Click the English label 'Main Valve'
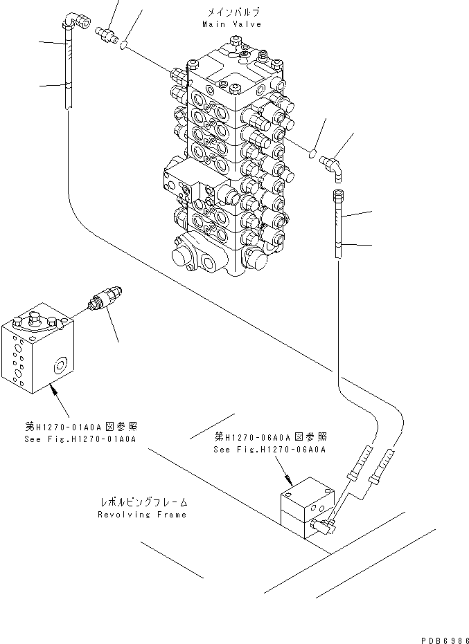[x=232, y=24]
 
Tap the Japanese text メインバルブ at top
[x=232, y=12]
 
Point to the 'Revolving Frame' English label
[x=142, y=514]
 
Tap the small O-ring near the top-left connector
[x=123, y=46]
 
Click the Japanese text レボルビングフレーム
[x=142, y=502]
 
